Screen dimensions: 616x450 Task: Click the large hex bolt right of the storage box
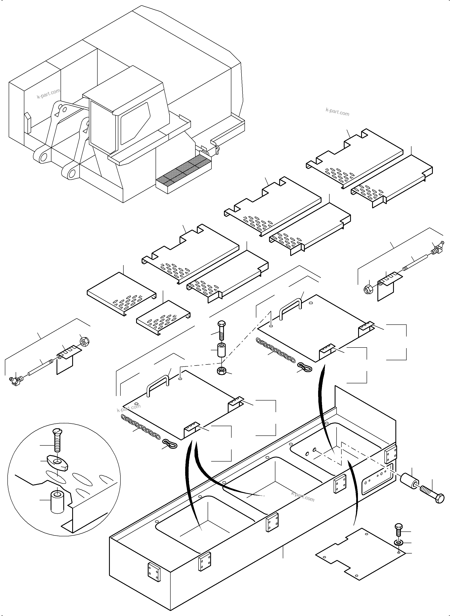point(433,497)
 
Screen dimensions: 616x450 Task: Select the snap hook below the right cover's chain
point(304,367)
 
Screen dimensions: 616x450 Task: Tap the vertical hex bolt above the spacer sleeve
point(221,330)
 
